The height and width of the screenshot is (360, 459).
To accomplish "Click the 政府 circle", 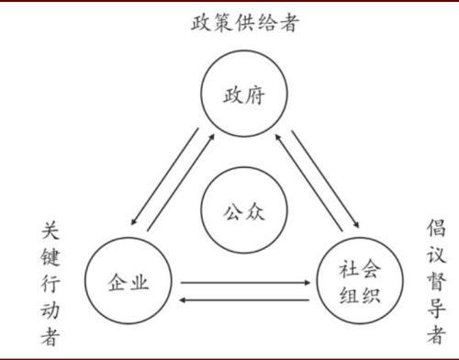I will (241, 96).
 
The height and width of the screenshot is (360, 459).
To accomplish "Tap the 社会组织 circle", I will (359, 280).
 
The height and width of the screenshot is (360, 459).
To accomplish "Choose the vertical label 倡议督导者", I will (436, 280).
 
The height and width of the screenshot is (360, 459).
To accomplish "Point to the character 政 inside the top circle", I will (230, 96).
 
